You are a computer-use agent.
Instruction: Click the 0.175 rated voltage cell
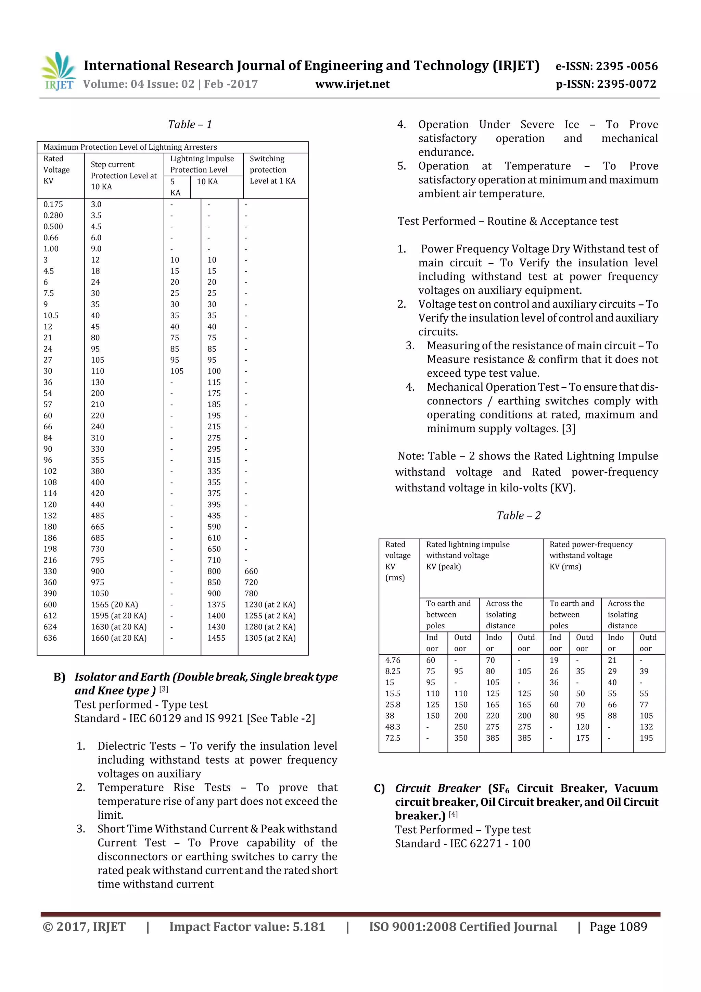click(x=53, y=204)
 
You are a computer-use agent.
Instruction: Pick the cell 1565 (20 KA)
click(x=114, y=604)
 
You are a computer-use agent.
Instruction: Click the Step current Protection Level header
click(x=124, y=175)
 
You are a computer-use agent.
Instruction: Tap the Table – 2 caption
click(x=518, y=515)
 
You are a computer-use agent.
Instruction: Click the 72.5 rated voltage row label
click(x=393, y=738)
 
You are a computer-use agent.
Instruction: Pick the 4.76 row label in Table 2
click(x=393, y=660)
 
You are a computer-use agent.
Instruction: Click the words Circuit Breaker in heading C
click(x=437, y=788)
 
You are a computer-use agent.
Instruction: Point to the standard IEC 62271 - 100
click(x=462, y=843)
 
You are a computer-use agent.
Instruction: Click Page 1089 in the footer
click(x=618, y=926)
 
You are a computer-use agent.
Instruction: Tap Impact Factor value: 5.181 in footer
click(x=247, y=926)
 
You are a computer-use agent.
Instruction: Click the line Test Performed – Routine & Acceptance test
click(x=508, y=221)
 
